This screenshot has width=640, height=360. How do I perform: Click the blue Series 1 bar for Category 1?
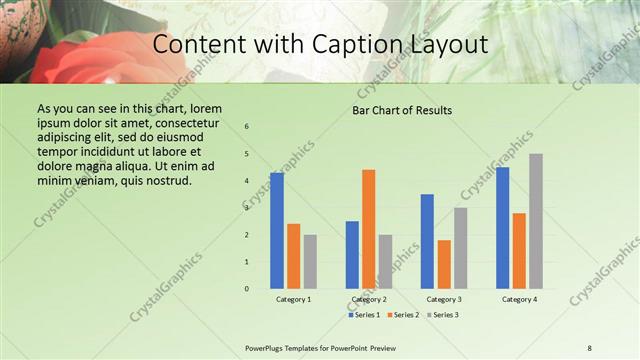click(277, 231)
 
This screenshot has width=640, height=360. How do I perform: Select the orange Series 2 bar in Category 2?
click(369, 229)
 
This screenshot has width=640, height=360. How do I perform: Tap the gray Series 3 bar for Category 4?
click(536, 221)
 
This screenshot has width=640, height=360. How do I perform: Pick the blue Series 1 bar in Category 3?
click(428, 241)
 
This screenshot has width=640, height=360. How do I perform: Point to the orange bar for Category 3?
click(444, 264)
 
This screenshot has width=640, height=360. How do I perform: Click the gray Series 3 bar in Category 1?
click(310, 262)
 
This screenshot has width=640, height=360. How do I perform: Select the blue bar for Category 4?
click(503, 228)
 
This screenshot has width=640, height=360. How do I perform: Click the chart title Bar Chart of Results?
click(402, 110)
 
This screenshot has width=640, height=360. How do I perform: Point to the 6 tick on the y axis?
click(247, 126)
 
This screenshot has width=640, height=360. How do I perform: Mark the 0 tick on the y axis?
click(247, 289)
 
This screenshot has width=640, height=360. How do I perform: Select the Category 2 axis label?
click(369, 299)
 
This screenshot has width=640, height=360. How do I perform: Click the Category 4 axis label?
click(519, 299)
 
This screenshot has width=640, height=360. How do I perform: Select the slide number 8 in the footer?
click(590, 347)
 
